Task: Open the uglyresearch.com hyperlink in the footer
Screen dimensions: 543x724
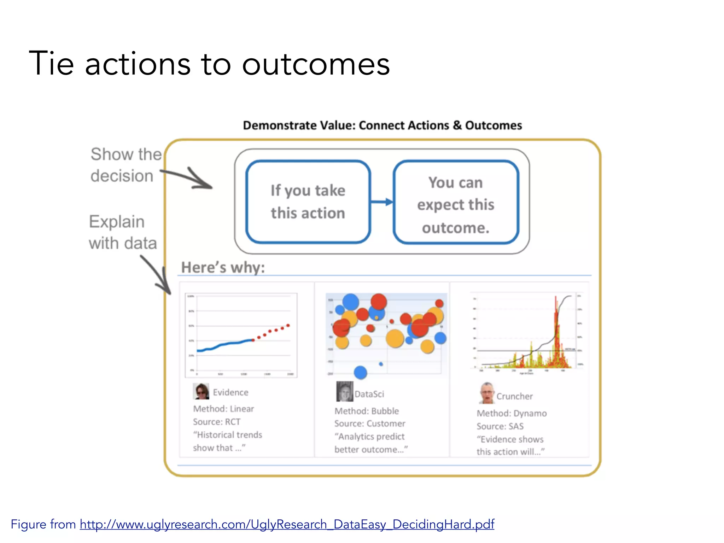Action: click(287, 524)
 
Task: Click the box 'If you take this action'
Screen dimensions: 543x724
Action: click(308, 202)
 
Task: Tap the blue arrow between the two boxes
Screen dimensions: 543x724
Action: click(382, 202)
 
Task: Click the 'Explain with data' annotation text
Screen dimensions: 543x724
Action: click(122, 232)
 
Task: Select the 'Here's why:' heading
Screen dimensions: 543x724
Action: click(223, 267)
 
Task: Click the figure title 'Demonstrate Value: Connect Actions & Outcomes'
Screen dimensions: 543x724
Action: click(382, 125)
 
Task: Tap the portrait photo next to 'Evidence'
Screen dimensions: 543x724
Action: click(201, 391)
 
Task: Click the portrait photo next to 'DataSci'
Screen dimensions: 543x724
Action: click(344, 392)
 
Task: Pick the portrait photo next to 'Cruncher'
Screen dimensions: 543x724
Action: click(487, 393)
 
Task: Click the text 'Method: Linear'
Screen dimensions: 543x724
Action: click(223, 409)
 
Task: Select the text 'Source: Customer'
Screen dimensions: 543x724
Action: click(370, 424)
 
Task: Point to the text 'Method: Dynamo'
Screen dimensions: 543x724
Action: click(512, 413)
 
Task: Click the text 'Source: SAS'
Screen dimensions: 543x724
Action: click(500, 426)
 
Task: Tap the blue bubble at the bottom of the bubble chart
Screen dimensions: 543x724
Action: click(360, 372)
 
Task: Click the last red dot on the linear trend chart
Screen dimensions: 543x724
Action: click(288, 325)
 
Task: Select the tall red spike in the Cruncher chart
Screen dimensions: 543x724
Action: click(556, 318)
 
